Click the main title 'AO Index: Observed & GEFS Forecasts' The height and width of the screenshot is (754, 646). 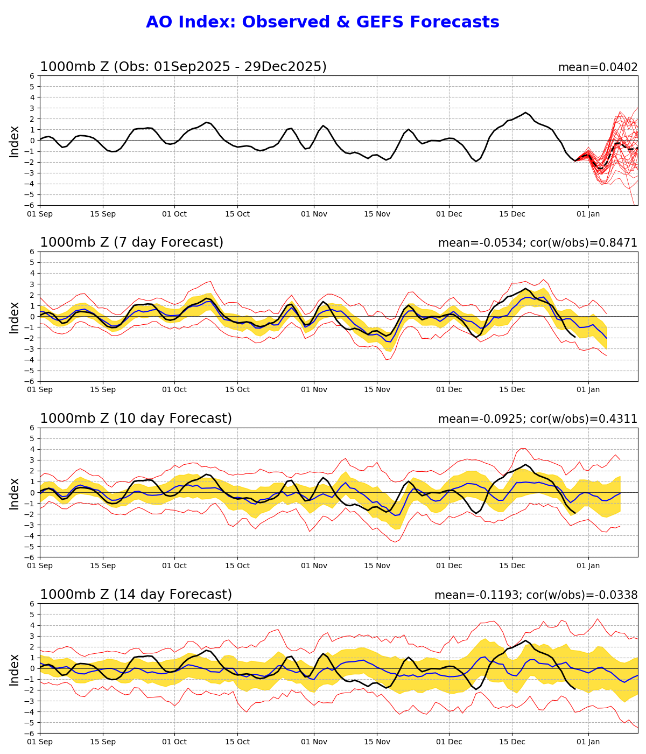[x=322, y=22]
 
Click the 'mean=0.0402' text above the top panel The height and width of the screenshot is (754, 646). [x=598, y=67]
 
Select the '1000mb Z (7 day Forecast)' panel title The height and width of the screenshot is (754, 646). [x=131, y=242]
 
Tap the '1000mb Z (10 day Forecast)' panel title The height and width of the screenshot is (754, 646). [x=136, y=418]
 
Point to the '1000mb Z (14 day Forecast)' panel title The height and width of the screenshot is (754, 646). [x=136, y=595]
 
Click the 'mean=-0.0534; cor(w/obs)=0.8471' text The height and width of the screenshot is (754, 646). [x=537, y=243]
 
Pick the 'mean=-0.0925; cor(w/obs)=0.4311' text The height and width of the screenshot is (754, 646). [x=537, y=419]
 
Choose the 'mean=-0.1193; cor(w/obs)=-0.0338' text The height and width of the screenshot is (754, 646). [x=536, y=595]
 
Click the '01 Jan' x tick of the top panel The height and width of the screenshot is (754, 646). [x=588, y=214]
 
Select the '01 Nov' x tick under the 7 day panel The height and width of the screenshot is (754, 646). [x=314, y=389]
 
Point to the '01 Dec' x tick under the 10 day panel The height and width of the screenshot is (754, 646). [x=449, y=565]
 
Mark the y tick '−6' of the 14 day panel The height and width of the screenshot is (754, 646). [x=31, y=733]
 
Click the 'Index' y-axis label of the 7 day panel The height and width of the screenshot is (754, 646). [x=15, y=317]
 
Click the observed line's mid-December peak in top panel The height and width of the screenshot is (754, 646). [x=525, y=113]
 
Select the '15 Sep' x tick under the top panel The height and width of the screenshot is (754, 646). [x=102, y=214]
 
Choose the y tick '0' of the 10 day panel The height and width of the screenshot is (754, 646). [x=33, y=492]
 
